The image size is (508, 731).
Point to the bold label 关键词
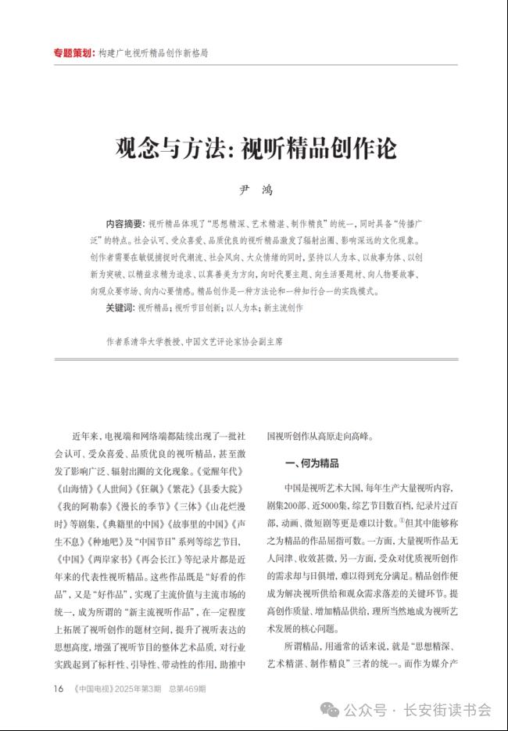click(x=120, y=308)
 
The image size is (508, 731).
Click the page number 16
click(x=58, y=689)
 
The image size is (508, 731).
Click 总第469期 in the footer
click(x=187, y=689)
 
